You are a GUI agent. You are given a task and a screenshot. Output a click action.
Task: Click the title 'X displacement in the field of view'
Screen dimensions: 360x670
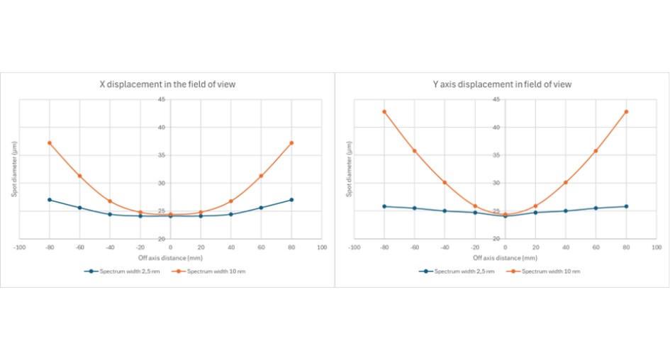click(167, 84)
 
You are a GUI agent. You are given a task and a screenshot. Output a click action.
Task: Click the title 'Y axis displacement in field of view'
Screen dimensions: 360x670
click(502, 84)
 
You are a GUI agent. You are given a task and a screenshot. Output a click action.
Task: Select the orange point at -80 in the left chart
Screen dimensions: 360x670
click(50, 143)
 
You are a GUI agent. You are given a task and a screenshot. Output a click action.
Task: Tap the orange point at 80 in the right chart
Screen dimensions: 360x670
click(626, 112)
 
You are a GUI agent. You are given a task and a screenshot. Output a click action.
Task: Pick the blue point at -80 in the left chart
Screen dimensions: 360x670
click(50, 200)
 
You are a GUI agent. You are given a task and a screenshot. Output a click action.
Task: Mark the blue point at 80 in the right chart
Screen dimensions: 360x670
click(626, 206)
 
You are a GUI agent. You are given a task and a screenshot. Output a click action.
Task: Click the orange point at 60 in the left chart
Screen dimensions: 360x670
click(261, 176)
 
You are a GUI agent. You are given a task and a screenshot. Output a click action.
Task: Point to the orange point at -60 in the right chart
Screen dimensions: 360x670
click(415, 151)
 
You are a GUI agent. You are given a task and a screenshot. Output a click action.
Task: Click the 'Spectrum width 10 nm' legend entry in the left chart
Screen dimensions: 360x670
click(213, 271)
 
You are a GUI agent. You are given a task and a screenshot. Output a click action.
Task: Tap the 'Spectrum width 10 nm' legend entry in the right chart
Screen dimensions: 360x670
click(548, 271)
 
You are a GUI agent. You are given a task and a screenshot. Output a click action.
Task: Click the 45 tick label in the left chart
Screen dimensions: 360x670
click(162, 100)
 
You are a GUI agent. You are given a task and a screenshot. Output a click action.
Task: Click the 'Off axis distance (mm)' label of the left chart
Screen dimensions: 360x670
click(170, 258)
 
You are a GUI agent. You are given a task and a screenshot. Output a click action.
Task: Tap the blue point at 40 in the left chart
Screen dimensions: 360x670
click(230, 214)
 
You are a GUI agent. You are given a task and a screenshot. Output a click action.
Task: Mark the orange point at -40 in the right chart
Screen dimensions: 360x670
click(445, 182)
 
